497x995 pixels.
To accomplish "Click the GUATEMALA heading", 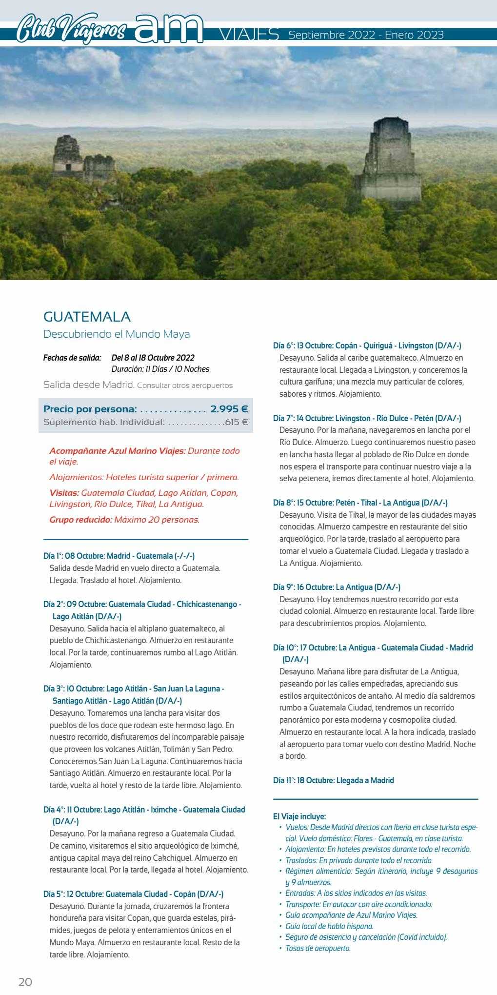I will pos(87,317).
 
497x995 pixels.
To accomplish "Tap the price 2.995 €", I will pos(229,409).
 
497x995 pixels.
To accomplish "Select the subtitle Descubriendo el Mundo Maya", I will pos(117,334).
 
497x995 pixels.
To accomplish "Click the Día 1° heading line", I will pos(119,556).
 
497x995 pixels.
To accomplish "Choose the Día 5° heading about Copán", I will pos(133,894).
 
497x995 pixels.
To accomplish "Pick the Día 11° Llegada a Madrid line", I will pos(333,780).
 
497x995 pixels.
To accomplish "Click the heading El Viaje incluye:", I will pos(299,816).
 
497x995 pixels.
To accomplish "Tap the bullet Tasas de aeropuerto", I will pos(318,948).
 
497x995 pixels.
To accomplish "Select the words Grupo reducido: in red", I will pos(80,520).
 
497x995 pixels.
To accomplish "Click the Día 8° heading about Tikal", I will pos(360,503).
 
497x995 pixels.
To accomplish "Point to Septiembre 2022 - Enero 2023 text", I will pos(366,35).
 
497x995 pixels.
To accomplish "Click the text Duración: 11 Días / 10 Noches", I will pos(160,369).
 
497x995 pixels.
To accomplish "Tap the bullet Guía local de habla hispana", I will pos(329,926).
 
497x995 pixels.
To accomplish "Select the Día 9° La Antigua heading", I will pos(337,587).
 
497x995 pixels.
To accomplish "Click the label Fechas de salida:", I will pos(72,358).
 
